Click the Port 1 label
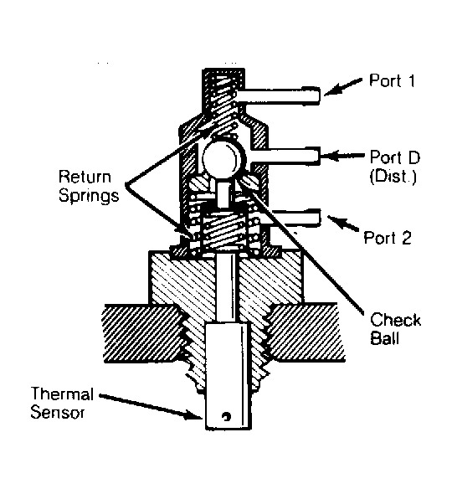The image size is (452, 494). click(x=393, y=80)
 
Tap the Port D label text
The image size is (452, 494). click(x=395, y=157)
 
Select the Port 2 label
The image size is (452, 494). click(x=388, y=238)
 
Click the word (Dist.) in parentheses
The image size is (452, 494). click(x=393, y=176)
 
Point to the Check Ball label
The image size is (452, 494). click(x=395, y=329)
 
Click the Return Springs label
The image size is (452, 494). click(x=89, y=186)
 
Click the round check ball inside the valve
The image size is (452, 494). click(x=223, y=158)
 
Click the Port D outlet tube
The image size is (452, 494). click(x=285, y=156)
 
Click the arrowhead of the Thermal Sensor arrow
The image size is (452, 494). click(x=193, y=414)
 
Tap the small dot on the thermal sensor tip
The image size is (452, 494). click(x=226, y=416)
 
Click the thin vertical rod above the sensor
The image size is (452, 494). click(x=227, y=288)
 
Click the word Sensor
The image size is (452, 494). click(x=58, y=413)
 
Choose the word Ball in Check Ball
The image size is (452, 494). click(x=385, y=338)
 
